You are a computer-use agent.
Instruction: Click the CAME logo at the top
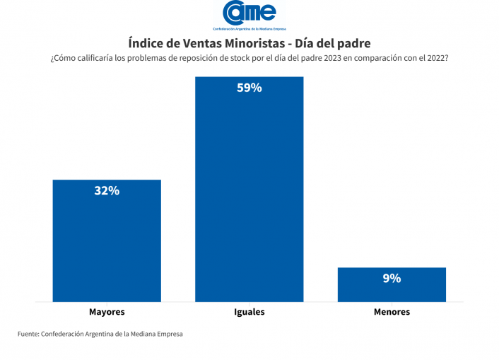click(x=249, y=13)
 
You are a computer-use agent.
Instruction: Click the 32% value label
click(x=107, y=191)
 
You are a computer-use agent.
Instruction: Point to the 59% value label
click(x=249, y=88)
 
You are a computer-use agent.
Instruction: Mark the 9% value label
click(x=392, y=279)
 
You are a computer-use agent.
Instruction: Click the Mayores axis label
click(x=107, y=312)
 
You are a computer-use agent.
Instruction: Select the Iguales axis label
click(x=249, y=312)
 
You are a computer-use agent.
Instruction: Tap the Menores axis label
click(x=392, y=312)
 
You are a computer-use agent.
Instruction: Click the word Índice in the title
click(x=146, y=43)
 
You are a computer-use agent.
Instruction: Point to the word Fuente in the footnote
click(x=28, y=334)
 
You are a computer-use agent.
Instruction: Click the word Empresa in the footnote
click(x=168, y=334)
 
